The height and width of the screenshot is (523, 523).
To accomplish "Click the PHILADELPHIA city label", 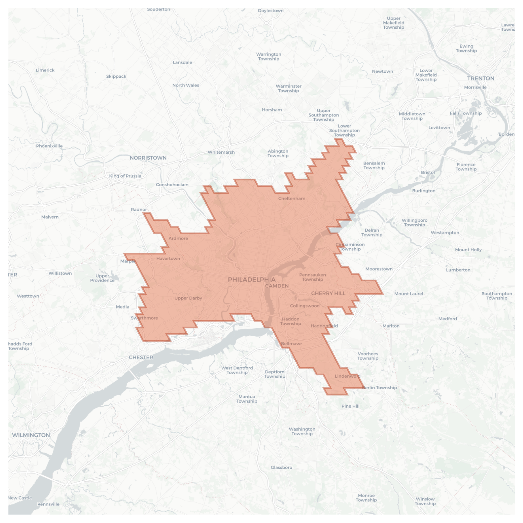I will coord(252,280).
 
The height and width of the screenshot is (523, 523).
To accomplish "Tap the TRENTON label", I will coord(481,78).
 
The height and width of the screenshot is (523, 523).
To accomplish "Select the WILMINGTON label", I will coord(31,435).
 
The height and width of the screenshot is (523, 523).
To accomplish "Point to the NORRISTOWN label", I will coord(148,158).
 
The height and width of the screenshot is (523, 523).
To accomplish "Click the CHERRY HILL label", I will coord(328,293).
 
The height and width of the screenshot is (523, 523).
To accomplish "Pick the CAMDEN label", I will coord(277,286).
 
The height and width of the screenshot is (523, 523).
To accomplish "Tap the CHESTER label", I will coord(141,357).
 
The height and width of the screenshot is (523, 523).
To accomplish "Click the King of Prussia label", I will coord(125,176).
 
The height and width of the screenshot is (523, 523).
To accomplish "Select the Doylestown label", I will coord(271,11).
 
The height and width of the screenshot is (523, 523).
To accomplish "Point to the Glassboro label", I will coord(281,467).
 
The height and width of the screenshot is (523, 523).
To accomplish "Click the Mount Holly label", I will coord(468,250).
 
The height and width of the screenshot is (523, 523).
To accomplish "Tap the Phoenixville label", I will coord(49,146).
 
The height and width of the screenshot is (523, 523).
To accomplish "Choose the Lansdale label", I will coord(182,62).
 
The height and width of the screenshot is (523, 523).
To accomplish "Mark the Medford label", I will coord(448,319).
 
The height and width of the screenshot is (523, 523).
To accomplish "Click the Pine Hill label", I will coord(350,406).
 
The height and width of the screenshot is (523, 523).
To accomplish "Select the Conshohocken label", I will coord(172,185).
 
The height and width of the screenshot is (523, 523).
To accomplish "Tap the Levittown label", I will coord(439,128).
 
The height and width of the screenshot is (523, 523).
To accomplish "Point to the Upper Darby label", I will coord(188,298).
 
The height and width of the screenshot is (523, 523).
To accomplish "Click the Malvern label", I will coord(50,217).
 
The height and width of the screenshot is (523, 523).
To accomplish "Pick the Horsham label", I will coord(272,110).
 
